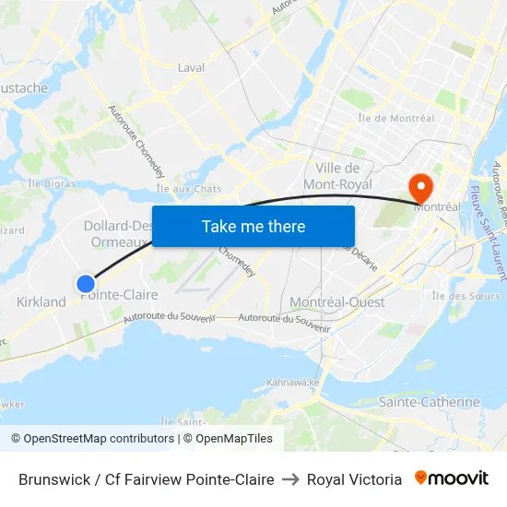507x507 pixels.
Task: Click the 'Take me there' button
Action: (x=253, y=226)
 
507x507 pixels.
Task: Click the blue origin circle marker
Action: (x=86, y=283)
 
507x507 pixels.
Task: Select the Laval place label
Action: (x=191, y=67)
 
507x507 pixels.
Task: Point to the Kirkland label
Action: (x=41, y=301)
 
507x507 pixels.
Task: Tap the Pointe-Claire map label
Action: (x=119, y=295)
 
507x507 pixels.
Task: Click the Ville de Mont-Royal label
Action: (x=337, y=176)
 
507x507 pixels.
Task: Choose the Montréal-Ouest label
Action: (x=337, y=302)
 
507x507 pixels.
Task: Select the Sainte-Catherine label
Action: (x=430, y=402)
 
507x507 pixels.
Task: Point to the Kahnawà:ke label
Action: (x=293, y=382)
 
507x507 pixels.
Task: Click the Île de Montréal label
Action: (x=395, y=118)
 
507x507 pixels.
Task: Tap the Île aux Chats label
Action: (x=189, y=189)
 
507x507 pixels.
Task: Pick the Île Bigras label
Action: (x=52, y=183)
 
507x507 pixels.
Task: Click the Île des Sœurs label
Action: (x=466, y=296)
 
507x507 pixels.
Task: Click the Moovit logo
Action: (x=451, y=478)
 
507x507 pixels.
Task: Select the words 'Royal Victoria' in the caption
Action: (x=354, y=479)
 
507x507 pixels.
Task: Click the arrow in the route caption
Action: (x=290, y=479)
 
